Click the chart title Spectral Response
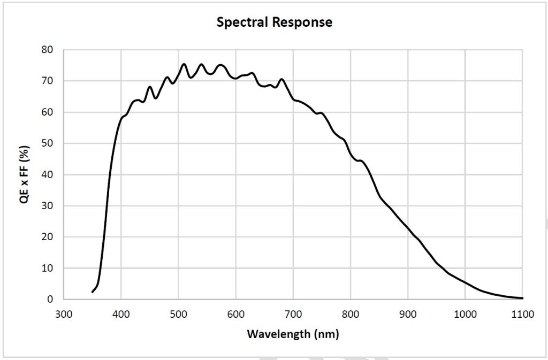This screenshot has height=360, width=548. point(274,22)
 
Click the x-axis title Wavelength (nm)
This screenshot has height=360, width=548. point(293,334)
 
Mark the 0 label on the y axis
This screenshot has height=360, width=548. point(50,300)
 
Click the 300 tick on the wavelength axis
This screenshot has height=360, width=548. point(64,314)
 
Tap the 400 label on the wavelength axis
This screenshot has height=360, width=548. point(121,314)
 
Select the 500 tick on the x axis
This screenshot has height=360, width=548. point(178,314)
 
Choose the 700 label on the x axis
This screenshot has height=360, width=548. point(293,314)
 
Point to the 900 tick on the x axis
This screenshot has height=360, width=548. point(408,314)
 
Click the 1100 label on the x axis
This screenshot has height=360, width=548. point(522,314)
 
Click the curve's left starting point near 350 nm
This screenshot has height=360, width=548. point(93,292)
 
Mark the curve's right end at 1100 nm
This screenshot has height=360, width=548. point(522,298)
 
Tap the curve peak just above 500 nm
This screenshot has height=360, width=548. point(184,64)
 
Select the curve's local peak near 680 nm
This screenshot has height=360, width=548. point(281,79)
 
